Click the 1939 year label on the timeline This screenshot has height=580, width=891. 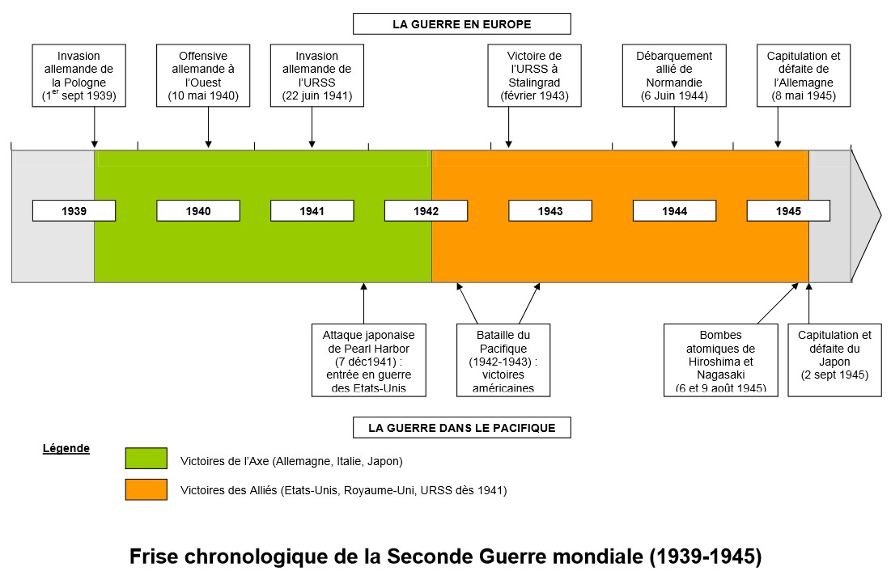tap(74, 211)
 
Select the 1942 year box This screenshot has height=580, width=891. tap(426, 211)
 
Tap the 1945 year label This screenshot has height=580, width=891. tap(787, 211)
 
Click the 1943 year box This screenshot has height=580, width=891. tap(549, 211)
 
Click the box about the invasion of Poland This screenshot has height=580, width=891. tap(79, 75)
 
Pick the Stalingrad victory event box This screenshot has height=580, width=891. tap(533, 75)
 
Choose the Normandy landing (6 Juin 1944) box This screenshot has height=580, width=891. tap(674, 75)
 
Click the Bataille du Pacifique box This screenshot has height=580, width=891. tap(502, 360)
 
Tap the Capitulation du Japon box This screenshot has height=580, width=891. tap(834, 360)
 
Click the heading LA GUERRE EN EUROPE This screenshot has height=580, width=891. tap(461, 24)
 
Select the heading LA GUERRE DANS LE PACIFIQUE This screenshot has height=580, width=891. tap(461, 428)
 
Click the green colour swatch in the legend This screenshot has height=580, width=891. tap(146, 459)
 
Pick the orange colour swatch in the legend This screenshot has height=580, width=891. tap(146, 489)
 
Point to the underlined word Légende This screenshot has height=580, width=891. tap(66, 447)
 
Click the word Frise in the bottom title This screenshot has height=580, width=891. tap(155, 557)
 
